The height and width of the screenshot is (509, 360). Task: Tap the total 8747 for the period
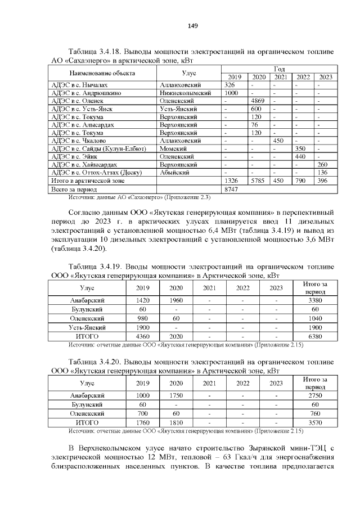(x=232, y=191)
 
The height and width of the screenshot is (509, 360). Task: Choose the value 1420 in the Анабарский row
(x=143, y=300)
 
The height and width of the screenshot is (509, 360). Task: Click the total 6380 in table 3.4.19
(x=315, y=336)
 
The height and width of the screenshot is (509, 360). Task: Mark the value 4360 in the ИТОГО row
(x=143, y=336)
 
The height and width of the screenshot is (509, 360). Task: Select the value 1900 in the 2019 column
(x=143, y=327)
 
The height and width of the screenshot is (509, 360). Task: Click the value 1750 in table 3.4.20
(x=177, y=395)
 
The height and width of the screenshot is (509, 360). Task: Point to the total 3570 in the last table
(x=315, y=422)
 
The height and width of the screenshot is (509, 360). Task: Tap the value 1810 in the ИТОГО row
(x=177, y=422)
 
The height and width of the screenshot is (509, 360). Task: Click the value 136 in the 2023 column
(x=322, y=172)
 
